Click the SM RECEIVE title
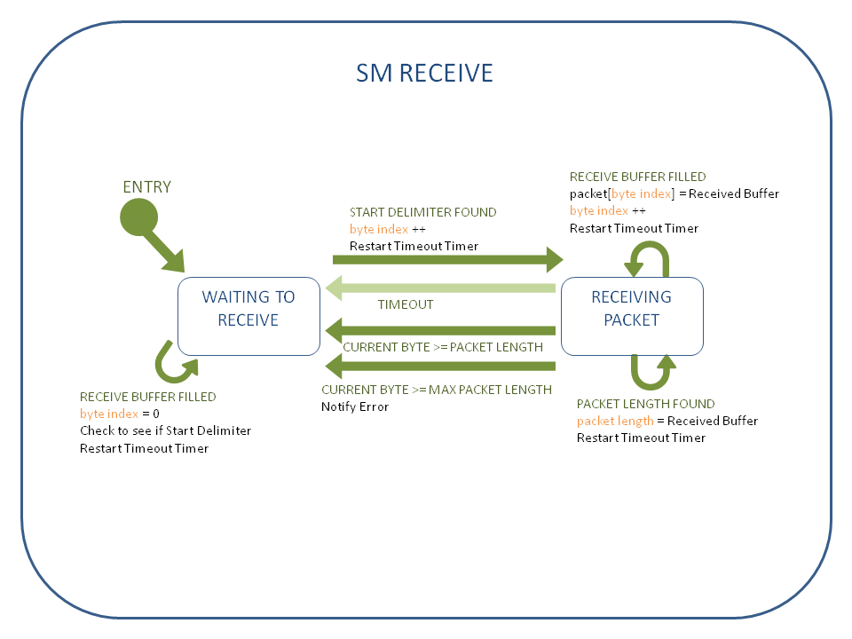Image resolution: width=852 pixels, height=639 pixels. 424,73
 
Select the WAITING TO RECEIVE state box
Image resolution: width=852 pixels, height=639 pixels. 248,308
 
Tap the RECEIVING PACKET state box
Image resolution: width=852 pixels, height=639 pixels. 632,308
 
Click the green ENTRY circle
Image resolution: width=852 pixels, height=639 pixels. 138,217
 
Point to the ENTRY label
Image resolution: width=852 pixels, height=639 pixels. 146,187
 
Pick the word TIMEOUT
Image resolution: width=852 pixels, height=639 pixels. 406,304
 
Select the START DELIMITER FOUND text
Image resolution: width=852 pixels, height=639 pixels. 422,212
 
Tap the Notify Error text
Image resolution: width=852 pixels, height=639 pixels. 355,406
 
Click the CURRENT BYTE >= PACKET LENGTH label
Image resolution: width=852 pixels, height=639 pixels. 443,347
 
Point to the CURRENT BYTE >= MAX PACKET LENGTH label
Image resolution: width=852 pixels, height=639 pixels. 437,390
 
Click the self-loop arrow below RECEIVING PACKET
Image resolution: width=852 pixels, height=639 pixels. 652,372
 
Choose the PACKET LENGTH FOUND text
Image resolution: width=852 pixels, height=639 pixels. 645,404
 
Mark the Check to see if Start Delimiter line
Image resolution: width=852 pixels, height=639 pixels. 165,430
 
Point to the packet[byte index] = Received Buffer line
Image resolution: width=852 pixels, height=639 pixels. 674,193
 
